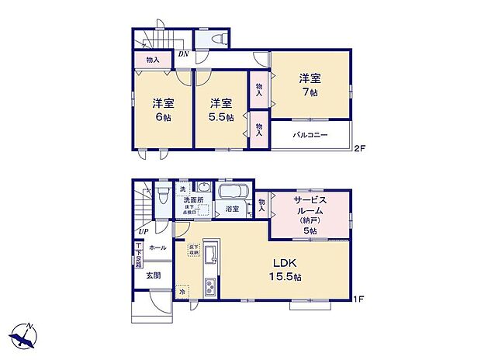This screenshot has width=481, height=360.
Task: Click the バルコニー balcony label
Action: (x=310, y=135)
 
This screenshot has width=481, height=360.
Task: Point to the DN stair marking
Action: (x=183, y=54)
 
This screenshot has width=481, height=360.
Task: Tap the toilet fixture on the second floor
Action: (x=214, y=39)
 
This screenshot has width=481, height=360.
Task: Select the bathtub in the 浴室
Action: (x=233, y=192)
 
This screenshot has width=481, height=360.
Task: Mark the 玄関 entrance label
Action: (x=153, y=275)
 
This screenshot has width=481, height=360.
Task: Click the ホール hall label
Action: (x=157, y=247)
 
